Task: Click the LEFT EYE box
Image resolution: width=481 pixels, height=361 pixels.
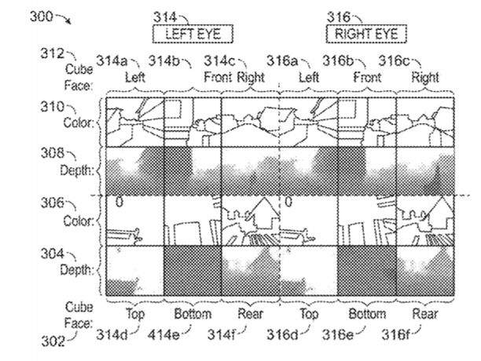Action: click(x=193, y=34)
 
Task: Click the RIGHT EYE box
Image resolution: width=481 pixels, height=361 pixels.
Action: click(x=366, y=34)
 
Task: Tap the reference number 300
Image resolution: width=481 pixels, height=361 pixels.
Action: click(x=42, y=16)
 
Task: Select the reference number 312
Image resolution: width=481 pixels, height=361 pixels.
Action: click(x=52, y=53)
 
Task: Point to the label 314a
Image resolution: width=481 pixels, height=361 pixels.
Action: click(x=112, y=61)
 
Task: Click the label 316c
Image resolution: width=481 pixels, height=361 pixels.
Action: click(x=394, y=61)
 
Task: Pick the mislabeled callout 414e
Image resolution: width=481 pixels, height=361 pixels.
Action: click(x=163, y=335)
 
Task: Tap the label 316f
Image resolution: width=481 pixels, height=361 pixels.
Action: click(x=395, y=335)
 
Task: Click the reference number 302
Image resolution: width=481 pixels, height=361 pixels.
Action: click(x=53, y=341)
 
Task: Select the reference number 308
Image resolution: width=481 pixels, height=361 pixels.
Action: click(x=53, y=153)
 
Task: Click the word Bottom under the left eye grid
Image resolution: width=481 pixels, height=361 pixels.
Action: click(x=193, y=314)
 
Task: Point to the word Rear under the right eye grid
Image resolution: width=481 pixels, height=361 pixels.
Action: click(x=425, y=314)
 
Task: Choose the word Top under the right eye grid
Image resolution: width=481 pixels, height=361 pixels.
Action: click(x=309, y=315)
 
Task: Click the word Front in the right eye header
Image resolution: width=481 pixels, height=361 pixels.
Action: click(x=367, y=77)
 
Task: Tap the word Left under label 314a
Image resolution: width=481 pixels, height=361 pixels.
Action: click(x=135, y=77)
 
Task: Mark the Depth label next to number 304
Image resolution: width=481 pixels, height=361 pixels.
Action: click(x=77, y=270)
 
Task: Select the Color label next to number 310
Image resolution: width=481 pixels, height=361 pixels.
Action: click(x=79, y=122)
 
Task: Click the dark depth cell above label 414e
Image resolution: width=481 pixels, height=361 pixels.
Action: click(x=193, y=271)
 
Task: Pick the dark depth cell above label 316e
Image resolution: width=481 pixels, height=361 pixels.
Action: click(x=367, y=271)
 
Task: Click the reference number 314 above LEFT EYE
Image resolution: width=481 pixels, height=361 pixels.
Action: click(x=165, y=16)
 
